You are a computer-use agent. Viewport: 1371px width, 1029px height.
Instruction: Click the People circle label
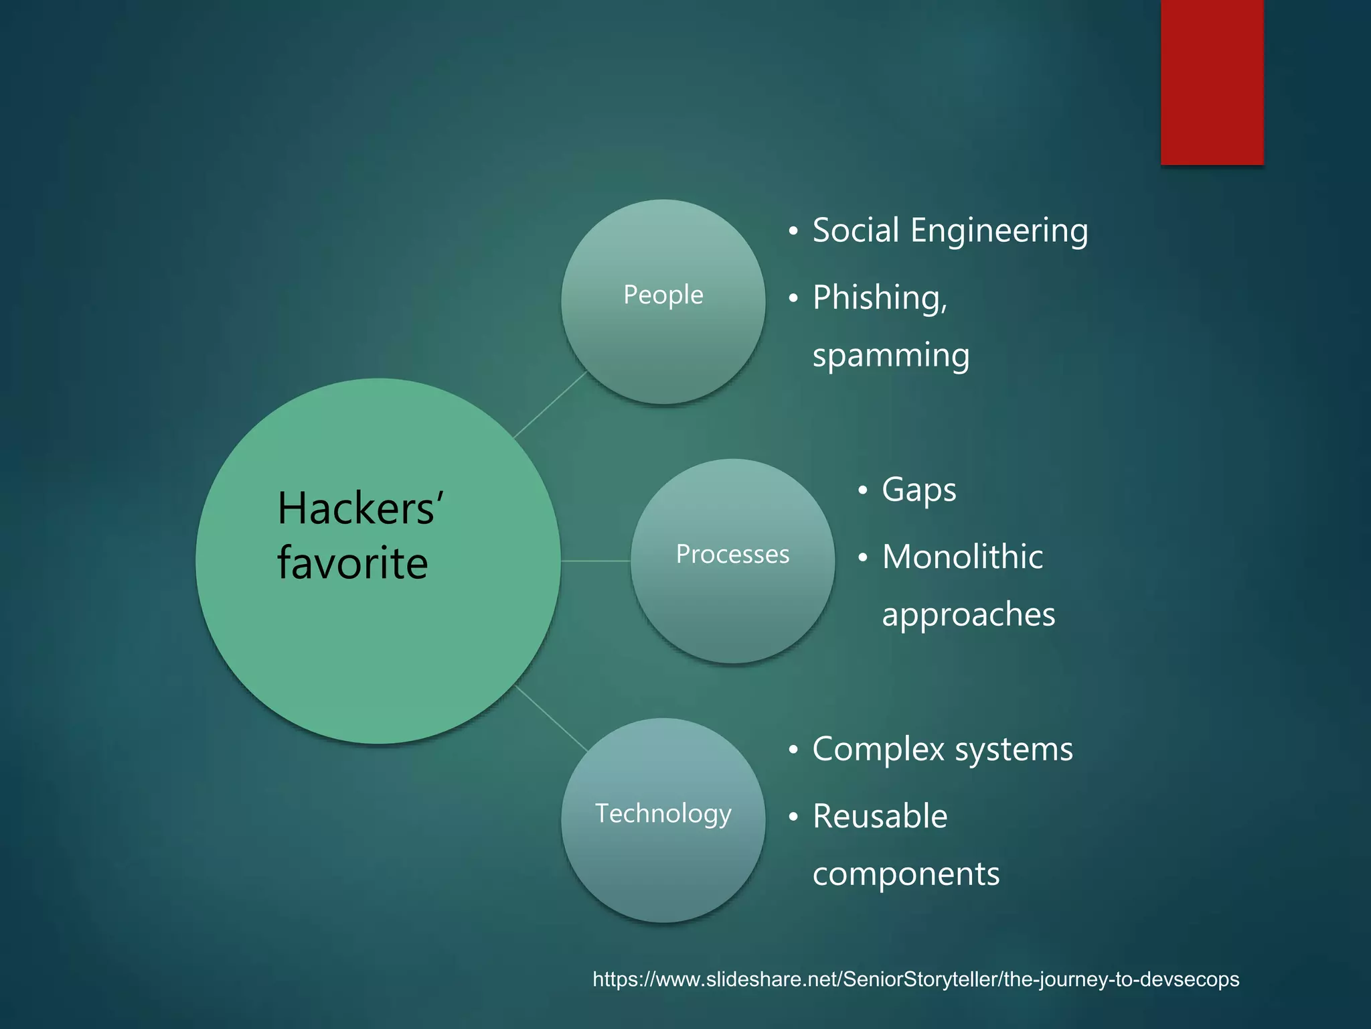click(x=663, y=295)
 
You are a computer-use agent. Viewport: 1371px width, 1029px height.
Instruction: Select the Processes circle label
click(x=732, y=554)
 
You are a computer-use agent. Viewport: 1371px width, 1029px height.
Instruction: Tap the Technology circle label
click(x=663, y=813)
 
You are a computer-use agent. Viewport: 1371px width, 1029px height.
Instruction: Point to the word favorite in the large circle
click(x=353, y=563)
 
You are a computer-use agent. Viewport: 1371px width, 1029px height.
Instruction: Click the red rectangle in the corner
click(x=1212, y=82)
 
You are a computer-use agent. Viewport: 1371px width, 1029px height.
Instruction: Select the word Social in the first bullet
click(x=856, y=230)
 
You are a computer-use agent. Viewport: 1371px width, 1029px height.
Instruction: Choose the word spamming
click(x=891, y=355)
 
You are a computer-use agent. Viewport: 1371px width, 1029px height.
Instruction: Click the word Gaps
click(x=919, y=490)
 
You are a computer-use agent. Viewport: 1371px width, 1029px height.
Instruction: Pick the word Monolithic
click(x=963, y=557)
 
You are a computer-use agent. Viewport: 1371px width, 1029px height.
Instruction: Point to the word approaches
click(x=968, y=615)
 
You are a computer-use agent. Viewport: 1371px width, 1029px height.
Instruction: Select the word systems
click(x=1014, y=750)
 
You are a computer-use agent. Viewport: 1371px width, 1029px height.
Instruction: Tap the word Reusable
click(x=880, y=816)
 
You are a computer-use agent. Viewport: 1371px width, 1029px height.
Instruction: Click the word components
click(x=906, y=874)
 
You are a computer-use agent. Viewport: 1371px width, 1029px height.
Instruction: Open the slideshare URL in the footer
click(x=916, y=979)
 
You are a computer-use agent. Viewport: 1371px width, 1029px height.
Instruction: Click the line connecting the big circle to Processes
click(x=596, y=561)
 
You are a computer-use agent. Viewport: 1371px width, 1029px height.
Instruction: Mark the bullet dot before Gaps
click(x=863, y=490)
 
